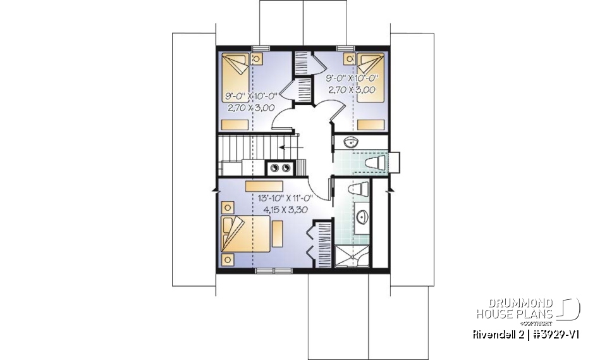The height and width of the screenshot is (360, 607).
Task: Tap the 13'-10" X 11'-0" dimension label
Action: [x=286, y=197]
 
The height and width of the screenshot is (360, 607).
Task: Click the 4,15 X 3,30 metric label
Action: [x=286, y=208]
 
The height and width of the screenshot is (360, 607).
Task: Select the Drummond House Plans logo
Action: [x=528, y=309]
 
